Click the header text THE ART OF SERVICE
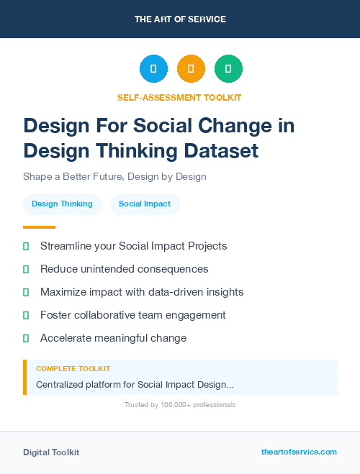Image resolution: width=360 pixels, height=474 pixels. [180, 19]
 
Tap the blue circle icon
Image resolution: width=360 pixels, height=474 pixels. [153, 69]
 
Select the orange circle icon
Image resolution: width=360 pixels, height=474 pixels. [191, 69]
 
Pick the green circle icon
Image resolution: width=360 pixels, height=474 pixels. [228, 69]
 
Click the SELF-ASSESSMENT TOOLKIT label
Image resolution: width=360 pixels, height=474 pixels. [180, 97]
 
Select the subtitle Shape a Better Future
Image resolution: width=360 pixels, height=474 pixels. [114, 176]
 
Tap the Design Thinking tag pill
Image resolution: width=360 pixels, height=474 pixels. [62, 204]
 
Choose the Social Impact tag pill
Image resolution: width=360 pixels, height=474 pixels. [145, 204]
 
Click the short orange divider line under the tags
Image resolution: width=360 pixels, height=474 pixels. [39, 227]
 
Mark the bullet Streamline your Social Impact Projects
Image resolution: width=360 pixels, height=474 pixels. [133, 246]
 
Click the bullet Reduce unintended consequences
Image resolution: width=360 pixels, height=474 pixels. [124, 269]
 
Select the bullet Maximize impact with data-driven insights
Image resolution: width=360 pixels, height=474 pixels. [142, 292]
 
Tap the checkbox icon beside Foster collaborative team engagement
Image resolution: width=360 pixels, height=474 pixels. [26, 315]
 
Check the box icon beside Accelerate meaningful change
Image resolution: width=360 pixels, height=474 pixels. [26, 338]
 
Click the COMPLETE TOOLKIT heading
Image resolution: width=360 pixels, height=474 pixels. [73, 368]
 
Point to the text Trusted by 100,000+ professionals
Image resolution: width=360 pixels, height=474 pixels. [180, 405]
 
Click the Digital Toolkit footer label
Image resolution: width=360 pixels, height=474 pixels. [51, 452]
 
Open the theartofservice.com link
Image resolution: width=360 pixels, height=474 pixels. [299, 452]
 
